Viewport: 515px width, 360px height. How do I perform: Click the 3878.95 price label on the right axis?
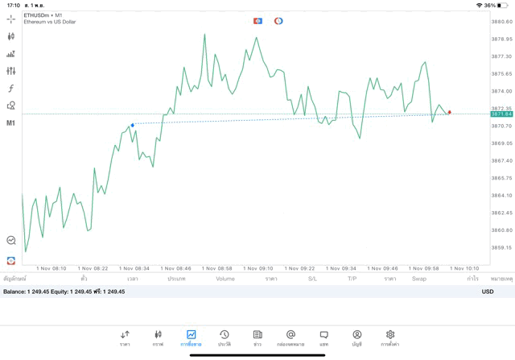pos(501,39)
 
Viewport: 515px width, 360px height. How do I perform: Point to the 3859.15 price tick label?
pos(501,247)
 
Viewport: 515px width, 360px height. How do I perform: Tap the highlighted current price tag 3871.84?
pos(501,114)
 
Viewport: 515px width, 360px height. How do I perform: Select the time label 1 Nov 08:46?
pos(175,268)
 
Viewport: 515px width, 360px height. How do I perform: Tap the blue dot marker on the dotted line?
pos(132,125)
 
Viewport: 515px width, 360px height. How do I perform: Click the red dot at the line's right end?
pos(449,112)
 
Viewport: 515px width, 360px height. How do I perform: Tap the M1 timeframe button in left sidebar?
pos(11,123)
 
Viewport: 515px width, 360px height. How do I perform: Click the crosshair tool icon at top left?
pos(11,19)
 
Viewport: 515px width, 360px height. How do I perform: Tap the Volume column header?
pos(225,279)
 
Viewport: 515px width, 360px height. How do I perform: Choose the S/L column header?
pos(313,279)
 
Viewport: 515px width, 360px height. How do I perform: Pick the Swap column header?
pos(418,279)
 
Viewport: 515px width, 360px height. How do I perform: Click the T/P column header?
pos(352,279)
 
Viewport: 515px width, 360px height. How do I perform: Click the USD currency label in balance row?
pos(487,292)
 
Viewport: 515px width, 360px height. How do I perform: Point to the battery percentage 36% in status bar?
pos(490,5)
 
